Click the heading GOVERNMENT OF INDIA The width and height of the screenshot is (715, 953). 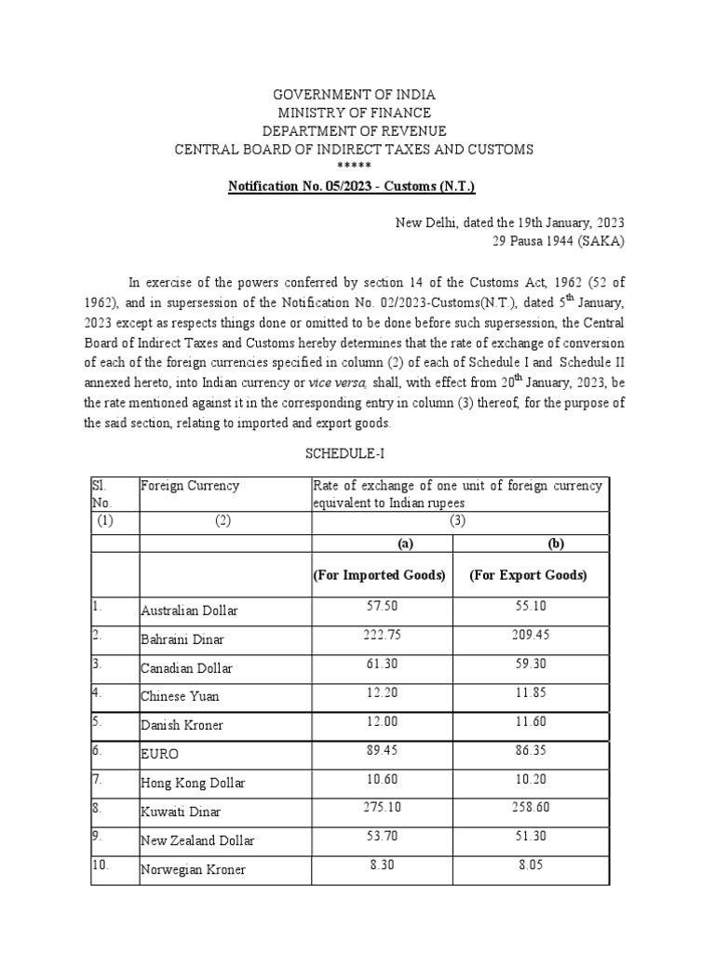(353, 95)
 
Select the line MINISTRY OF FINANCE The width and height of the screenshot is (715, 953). (353, 113)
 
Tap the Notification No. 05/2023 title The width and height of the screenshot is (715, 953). (352, 187)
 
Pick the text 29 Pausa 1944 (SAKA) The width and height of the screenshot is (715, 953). (559, 241)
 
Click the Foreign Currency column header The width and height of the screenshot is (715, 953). (190, 486)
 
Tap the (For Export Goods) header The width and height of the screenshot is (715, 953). (529, 575)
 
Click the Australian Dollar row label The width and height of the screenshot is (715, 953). (189, 611)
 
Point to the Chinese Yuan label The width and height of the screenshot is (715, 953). (180, 696)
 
